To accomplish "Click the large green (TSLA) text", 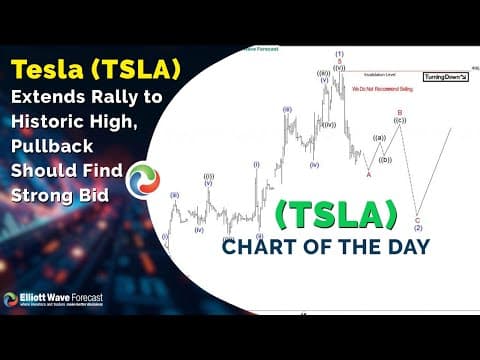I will (x=335, y=214).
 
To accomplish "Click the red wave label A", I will (x=368, y=174).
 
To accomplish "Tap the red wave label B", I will (x=399, y=113).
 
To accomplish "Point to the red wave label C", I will (x=417, y=219).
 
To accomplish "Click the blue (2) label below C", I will (x=417, y=228).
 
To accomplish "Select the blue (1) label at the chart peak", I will (x=339, y=53).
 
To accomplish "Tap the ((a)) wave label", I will (x=378, y=138).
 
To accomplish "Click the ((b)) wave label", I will (x=386, y=159).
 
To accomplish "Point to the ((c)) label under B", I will (x=400, y=121).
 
